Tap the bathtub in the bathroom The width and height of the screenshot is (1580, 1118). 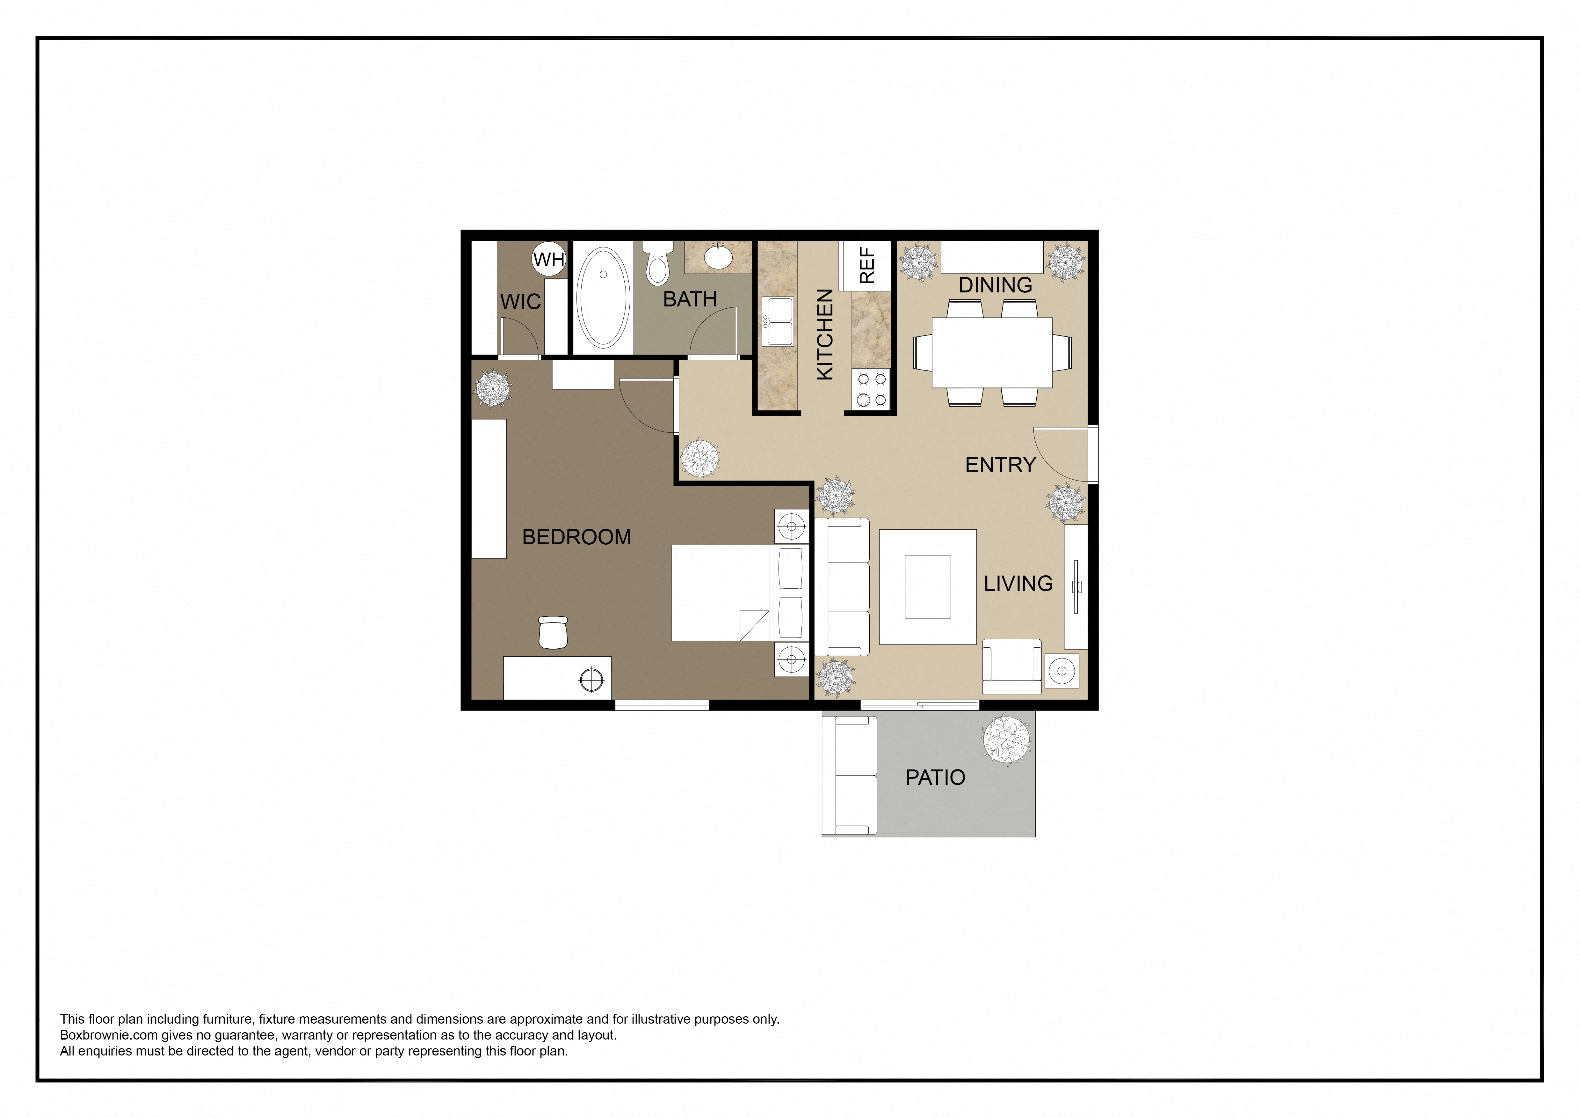click(x=603, y=298)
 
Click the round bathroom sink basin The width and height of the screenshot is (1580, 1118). click(x=718, y=257)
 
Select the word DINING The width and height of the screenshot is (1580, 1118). click(x=995, y=285)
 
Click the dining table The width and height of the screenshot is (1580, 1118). click(x=992, y=352)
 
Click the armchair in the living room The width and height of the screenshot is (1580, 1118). click(x=1011, y=666)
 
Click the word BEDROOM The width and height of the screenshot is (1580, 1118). click(x=577, y=537)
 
